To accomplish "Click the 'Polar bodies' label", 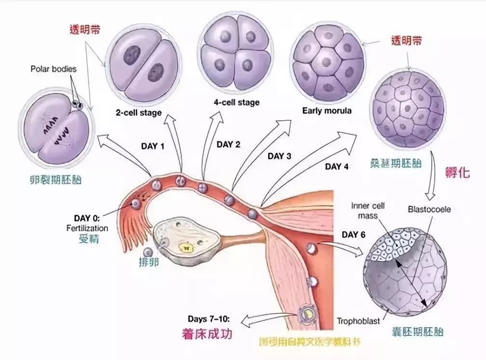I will [x=54, y=69].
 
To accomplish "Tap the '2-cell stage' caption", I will [x=138, y=112].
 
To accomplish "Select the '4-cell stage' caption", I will [x=236, y=102].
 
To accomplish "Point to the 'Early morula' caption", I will [x=327, y=111].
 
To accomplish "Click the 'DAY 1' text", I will [x=152, y=146].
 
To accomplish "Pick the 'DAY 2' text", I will [x=229, y=144].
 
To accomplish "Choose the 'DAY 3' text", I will [x=279, y=156].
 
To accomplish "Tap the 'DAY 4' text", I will [x=337, y=167].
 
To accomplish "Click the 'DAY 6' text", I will [x=353, y=235].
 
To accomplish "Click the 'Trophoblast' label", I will [x=358, y=320].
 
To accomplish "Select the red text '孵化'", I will [x=458, y=173].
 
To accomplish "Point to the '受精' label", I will [x=89, y=239].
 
